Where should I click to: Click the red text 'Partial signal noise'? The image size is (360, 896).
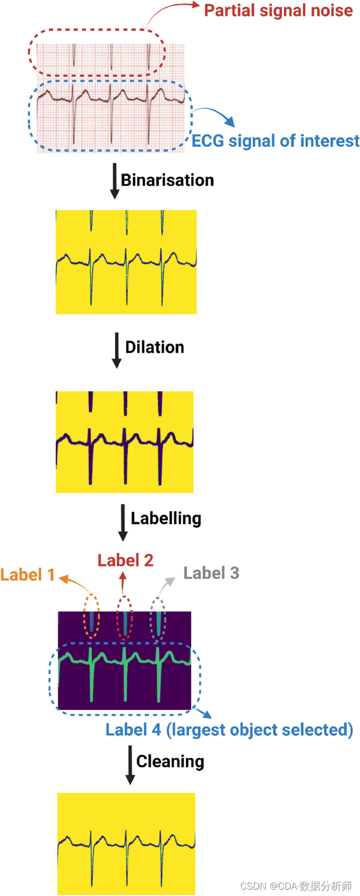(278, 11)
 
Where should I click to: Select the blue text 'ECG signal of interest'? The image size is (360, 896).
(275, 141)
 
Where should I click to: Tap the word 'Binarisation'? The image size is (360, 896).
(167, 180)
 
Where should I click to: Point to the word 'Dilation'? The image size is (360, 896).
(155, 348)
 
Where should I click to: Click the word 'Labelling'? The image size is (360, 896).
(166, 518)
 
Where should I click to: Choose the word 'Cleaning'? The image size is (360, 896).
(170, 761)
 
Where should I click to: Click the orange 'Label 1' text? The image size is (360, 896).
(27, 575)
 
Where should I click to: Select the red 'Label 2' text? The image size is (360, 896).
(126, 561)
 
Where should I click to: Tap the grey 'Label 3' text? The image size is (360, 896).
(211, 573)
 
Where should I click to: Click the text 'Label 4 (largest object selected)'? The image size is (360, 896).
(229, 730)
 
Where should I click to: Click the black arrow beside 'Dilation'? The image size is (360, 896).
(117, 350)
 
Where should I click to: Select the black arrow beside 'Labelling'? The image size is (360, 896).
(123, 522)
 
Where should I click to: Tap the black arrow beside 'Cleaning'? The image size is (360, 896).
(130, 765)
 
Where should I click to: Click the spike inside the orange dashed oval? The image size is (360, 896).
(91, 621)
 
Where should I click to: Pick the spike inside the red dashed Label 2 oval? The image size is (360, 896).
(125, 621)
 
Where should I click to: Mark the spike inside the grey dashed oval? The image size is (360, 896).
(158, 621)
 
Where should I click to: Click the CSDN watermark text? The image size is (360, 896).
(296, 886)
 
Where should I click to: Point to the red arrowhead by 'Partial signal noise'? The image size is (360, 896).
(196, 5)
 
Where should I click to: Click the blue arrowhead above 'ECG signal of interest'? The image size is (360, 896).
(230, 122)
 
